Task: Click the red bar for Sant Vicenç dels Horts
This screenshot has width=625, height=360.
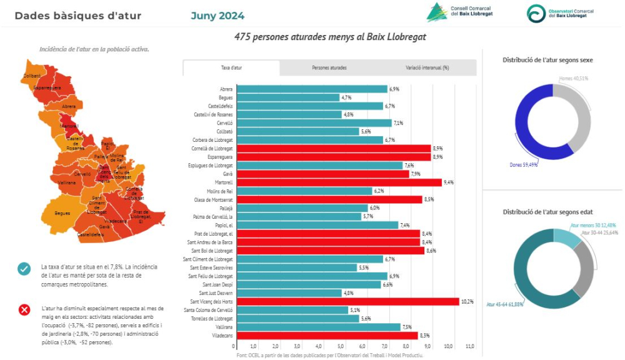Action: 346,302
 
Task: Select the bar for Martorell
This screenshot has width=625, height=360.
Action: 338,182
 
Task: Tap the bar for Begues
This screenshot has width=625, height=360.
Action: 287,97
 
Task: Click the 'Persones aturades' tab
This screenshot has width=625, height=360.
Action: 329,67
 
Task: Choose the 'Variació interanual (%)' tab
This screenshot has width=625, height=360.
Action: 427,67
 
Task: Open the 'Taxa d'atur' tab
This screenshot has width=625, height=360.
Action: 231,67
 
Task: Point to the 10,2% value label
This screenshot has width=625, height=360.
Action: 466,302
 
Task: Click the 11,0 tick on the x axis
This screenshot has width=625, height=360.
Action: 470,346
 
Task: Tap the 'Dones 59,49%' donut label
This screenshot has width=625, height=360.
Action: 522,165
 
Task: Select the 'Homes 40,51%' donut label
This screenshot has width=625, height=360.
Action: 574,79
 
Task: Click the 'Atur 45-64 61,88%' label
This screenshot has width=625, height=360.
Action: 505,304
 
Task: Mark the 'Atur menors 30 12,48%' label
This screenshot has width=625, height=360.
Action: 593,225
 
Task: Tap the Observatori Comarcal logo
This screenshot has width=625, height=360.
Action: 560,13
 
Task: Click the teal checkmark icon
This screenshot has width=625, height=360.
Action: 24,269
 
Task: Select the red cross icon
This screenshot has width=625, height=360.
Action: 24,309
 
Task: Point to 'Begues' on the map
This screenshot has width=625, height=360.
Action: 62,213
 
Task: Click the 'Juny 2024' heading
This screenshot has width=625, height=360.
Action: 217,16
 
